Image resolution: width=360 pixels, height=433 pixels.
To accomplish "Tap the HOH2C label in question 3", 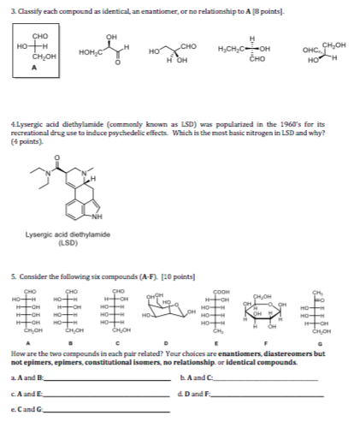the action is click(91, 54).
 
